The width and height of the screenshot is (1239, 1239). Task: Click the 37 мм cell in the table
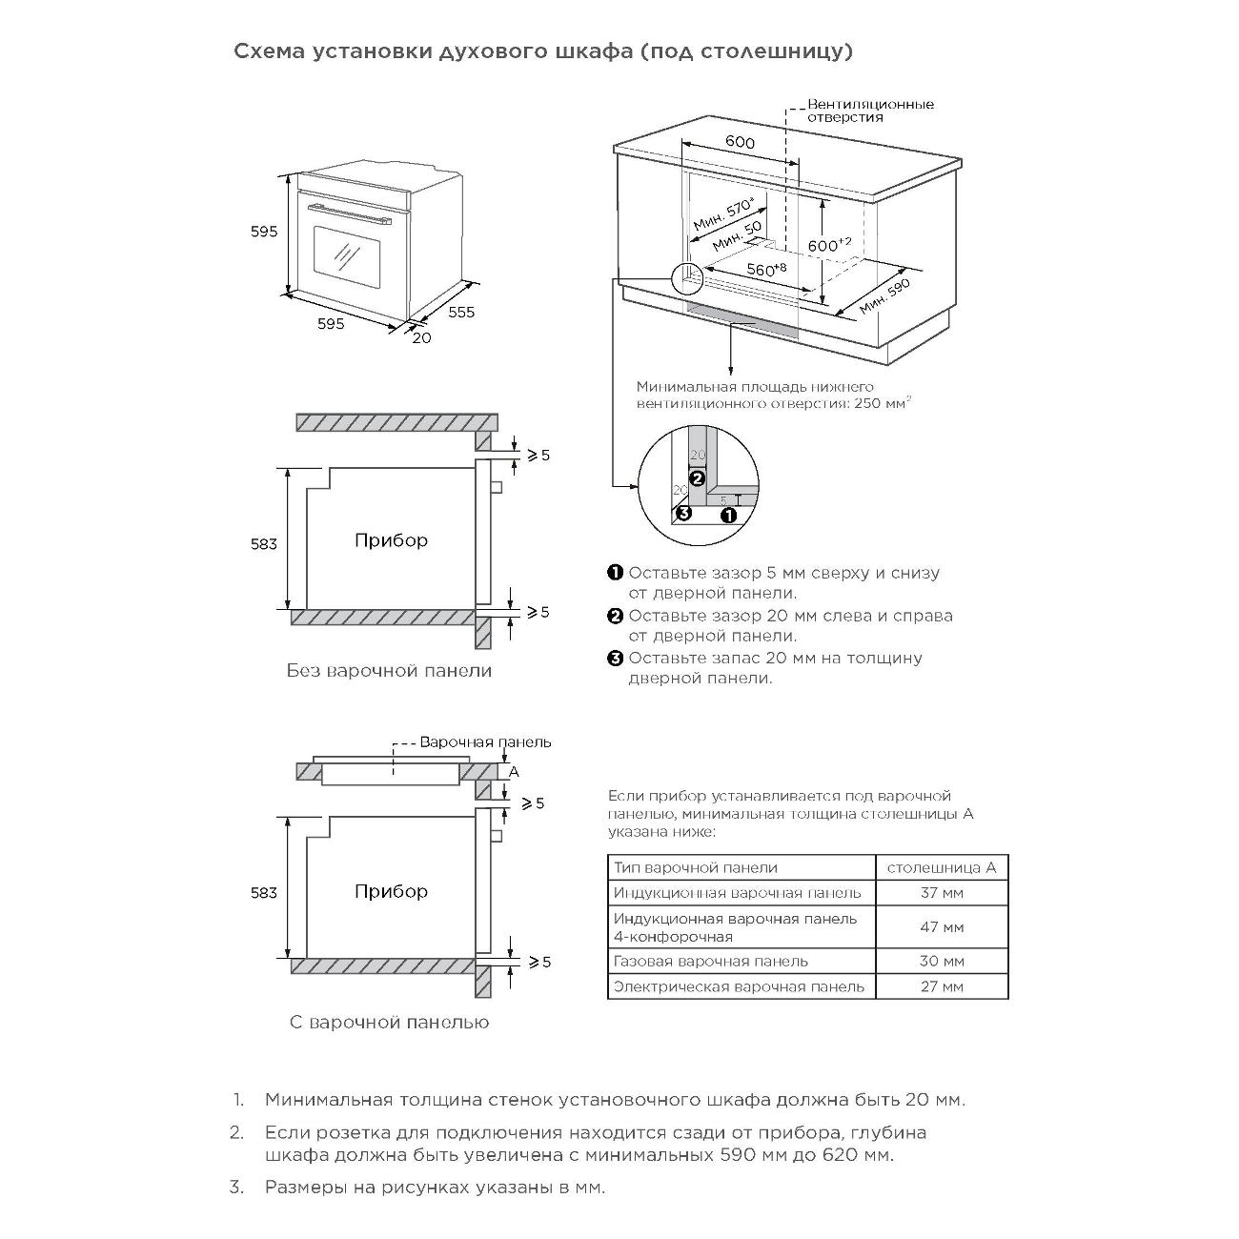(941, 893)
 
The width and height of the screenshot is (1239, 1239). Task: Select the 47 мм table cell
(941, 926)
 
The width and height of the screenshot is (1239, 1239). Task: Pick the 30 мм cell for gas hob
(941, 961)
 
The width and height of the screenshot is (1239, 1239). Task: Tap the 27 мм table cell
(941, 986)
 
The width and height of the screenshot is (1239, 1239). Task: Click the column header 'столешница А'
(941, 867)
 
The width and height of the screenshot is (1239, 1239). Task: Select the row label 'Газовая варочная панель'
(710, 961)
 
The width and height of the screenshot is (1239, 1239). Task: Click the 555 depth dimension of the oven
(460, 312)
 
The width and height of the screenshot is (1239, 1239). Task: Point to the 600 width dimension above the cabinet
(740, 143)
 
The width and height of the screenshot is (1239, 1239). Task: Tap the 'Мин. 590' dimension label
(884, 296)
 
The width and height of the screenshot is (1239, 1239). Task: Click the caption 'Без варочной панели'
(389, 671)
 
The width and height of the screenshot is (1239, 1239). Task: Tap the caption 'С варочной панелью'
(389, 1023)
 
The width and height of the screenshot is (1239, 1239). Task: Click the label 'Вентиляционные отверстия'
(870, 111)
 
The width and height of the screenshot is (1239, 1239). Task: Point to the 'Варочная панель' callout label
(485, 741)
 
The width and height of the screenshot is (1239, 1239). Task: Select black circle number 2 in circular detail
(697, 478)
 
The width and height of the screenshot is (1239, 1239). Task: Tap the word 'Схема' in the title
(266, 51)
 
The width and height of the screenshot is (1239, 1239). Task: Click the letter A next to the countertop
(513, 771)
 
